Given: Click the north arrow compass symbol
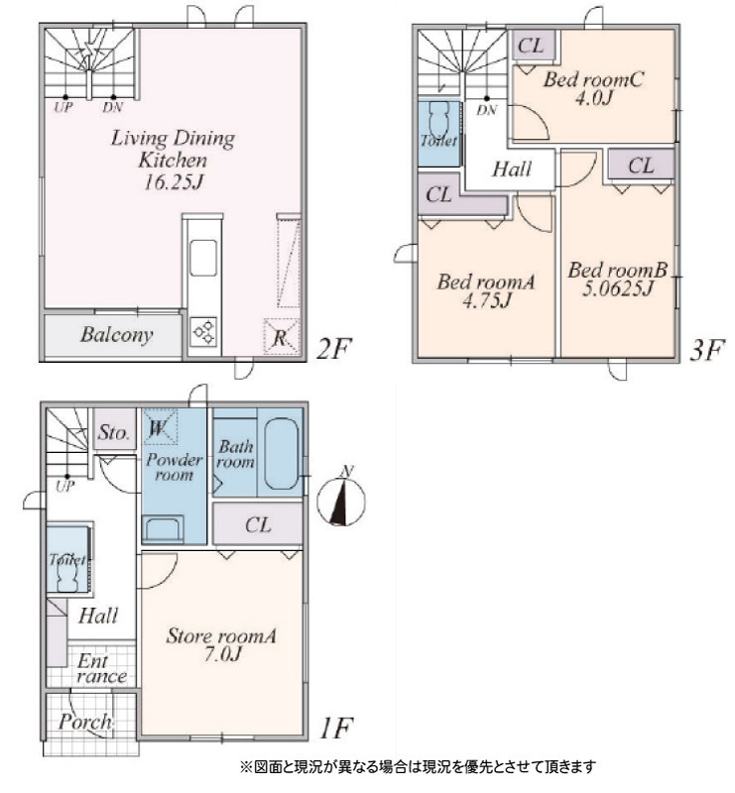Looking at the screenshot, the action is pyautogui.click(x=340, y=500).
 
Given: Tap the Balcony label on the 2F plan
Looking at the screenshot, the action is pyautogui.click(x=116, y=335).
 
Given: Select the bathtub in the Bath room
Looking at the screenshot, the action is pyautogui.click(x=282, y=453).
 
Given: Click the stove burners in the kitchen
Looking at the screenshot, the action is pyautogui.click(x=204, y=332).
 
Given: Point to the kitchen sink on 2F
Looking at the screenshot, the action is pyautogui.click(x=203, y=258).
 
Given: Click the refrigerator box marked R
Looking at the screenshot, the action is pyautogui.click(x=282, y=336).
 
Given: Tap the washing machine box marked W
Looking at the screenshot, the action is pyautogui.click(x=160, y=427).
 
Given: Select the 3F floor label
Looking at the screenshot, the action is pyautogui.click(x=707, y=350).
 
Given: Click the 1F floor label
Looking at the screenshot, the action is pyautogui.click(x=336, y=729).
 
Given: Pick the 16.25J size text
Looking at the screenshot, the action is pyautogui.click(x=174, y=182).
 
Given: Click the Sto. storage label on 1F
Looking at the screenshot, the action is pyautogui.click(x=114, y=433).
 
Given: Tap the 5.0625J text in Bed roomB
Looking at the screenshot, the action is pyautogui.click(x=618, y=288).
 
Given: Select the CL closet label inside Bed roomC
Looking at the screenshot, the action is pyautogui.click(x=531, y=46).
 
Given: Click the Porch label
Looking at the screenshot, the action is pyautogui.click(x=85, y=722).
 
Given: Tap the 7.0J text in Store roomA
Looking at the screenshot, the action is pyautogui.click(x=223, y=654).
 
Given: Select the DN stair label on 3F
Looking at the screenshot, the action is pyautogui.click(x=487, y=110).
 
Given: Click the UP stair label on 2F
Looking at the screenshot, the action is pyautogui.click(x=63, y=107).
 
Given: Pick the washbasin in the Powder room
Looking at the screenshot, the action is pyautogui.click(x=163, y=529).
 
